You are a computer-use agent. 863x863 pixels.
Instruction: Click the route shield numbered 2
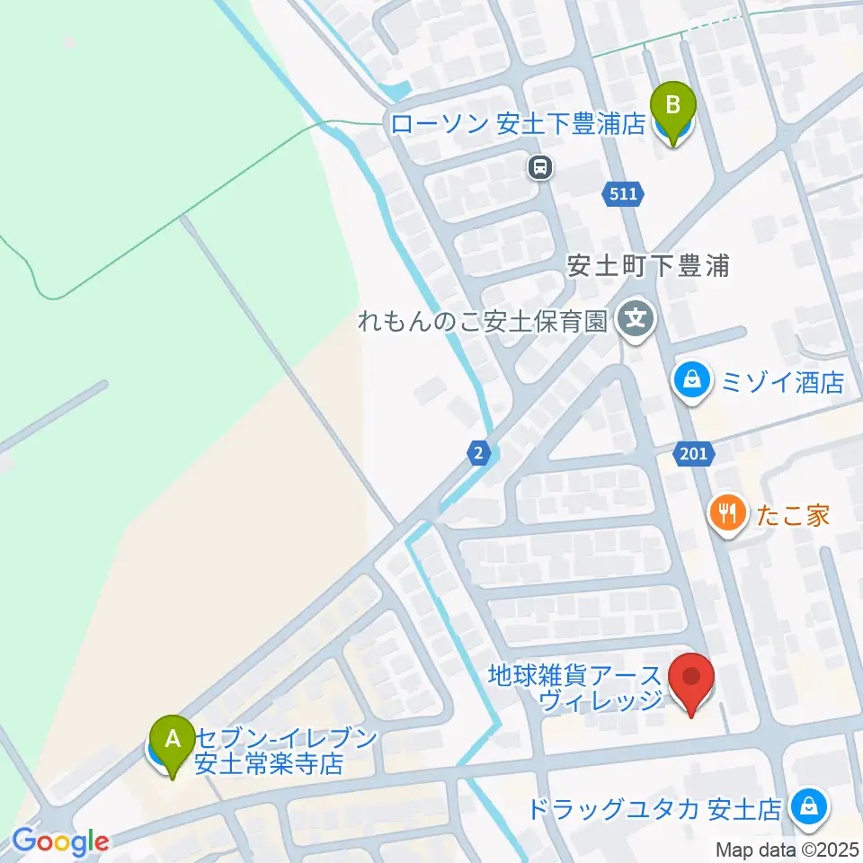coord(480,454)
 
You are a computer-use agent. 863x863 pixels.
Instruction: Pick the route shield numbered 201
coord(694,454)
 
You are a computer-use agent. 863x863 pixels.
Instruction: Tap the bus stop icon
coord(539,166)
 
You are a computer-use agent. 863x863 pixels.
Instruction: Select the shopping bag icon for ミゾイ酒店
coord(692,381)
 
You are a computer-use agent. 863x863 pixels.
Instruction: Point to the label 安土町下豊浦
coord(647,267)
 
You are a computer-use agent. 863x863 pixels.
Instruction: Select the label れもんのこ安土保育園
coord(484,321)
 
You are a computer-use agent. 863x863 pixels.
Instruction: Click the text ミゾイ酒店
coord(781,383)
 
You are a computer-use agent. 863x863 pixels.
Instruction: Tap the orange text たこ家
coord(790,515)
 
